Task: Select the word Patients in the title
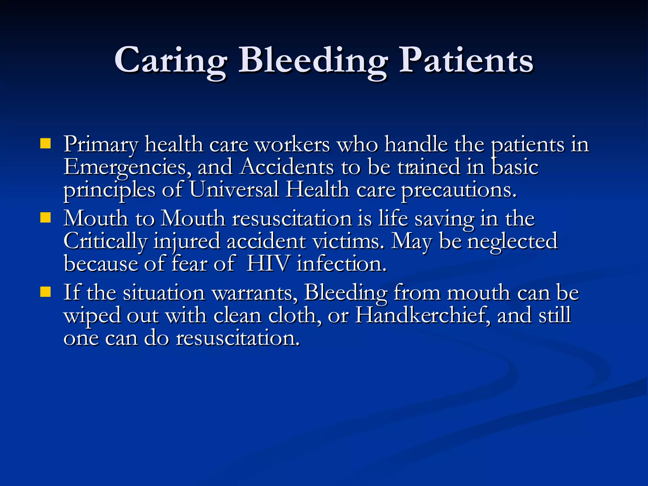coord(466,60)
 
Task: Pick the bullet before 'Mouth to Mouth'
coord(46,218)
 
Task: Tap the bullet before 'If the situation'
coord(46,292)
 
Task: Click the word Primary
coord(101,145)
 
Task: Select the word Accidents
coord(287,167)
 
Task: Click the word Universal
coord(234,190)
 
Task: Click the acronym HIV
coord(268,263)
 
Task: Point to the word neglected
coord(512,241)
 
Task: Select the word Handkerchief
coord(423,315)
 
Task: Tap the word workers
coord(292,145)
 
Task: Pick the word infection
coord(341,264)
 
